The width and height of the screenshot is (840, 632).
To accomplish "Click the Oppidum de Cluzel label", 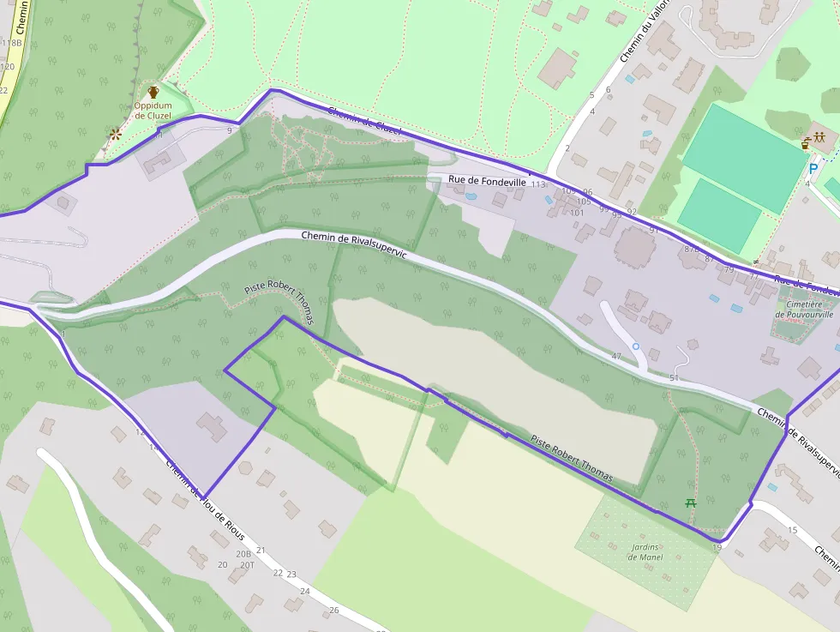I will click(x=153, y=111).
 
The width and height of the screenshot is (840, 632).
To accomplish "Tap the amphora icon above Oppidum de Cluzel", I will click(x=153, y=92).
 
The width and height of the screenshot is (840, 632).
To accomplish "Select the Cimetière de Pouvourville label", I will click(x=804, y=309).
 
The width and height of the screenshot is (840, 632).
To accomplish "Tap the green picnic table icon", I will click(x=691, y=503).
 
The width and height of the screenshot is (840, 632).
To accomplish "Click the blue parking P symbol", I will click(x=813, y=169).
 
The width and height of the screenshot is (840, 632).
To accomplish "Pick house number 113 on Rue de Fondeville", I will click(x=538, y=184).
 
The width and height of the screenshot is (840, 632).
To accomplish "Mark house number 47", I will click(x=615, y=355).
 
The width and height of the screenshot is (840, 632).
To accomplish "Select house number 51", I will click(x=674, y=377).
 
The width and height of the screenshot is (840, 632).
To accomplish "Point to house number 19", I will click(x=717, y=547).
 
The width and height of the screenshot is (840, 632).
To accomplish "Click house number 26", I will click(x=334, y=610).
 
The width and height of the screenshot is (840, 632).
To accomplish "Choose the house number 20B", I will click(x=222, y=564).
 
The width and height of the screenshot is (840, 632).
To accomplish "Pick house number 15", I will click(x=792, y=530).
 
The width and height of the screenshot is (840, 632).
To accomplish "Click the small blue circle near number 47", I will click(x=635, y=346).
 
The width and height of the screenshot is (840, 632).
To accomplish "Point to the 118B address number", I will click(x=12, y=42).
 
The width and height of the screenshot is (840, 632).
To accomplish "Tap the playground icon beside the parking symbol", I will click(x=819, y=137).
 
